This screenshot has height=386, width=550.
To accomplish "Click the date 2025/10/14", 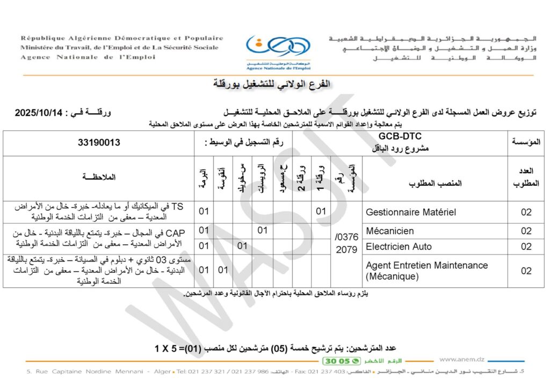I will coord(39,113).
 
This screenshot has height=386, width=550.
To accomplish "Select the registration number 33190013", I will coord(99,143).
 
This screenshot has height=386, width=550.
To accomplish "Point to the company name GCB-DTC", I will coord(400,137).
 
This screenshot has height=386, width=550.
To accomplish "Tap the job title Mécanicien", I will coord(390,231).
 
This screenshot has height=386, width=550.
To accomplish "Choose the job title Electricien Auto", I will coord(399,247).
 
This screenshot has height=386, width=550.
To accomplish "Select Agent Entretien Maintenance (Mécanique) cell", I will coord(426,271).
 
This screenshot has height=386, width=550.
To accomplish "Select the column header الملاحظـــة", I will coord(99,177).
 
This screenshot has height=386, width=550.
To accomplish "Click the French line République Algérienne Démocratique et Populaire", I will coord(122,39).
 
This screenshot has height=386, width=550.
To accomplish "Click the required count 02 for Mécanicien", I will coord(526,231).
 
